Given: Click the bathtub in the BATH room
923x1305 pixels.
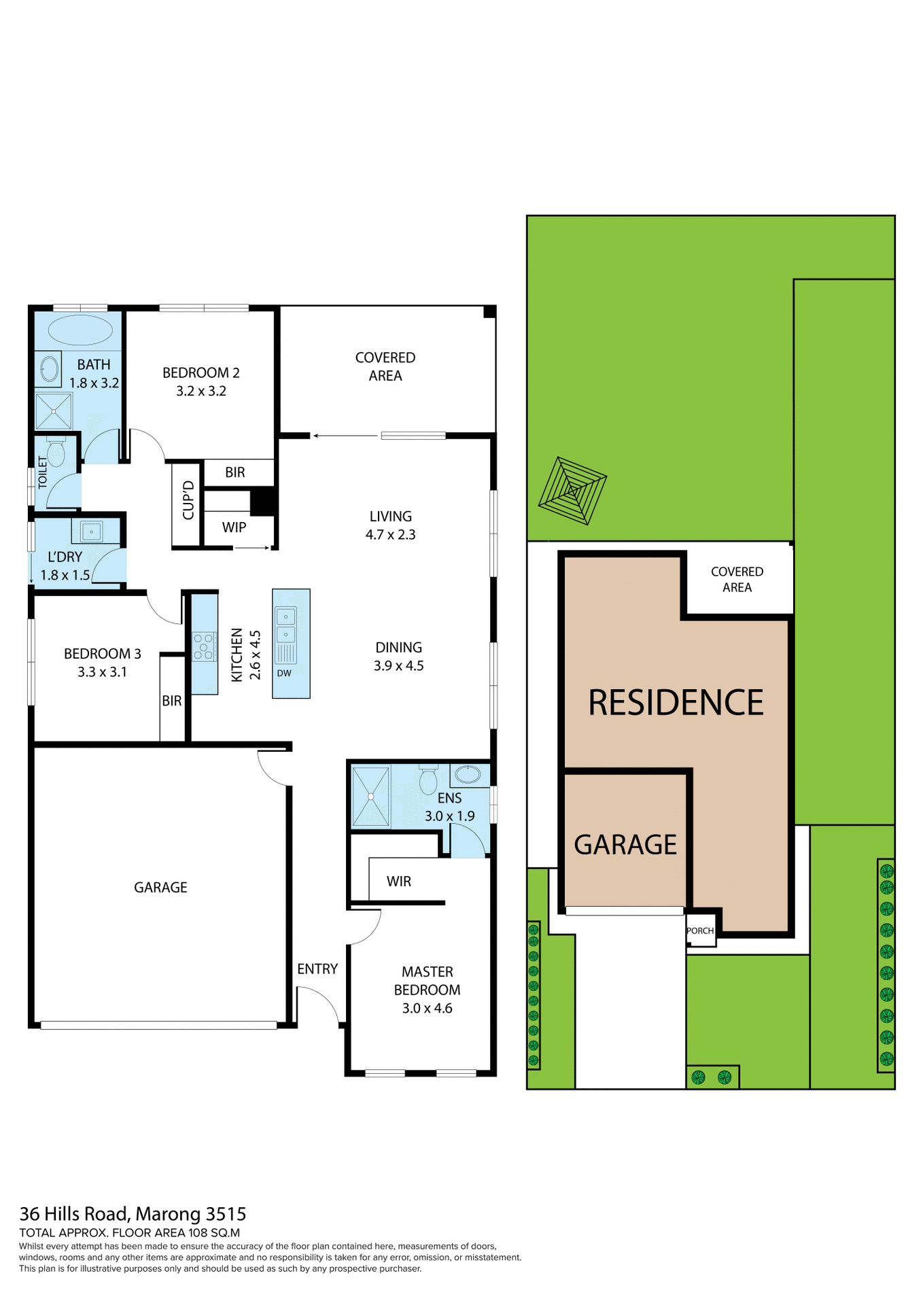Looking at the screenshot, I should (x=80, y=330).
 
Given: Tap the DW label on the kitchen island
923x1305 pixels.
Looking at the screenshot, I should (x=284, y=673).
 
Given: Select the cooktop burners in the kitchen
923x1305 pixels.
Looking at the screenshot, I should (x=203, y=646).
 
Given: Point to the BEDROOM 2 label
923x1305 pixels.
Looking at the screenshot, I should (x=201, y=372).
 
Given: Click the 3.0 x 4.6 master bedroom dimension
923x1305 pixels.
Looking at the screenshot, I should (x=427, y=1008).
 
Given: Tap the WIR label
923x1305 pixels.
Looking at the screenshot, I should (x=398, y=882).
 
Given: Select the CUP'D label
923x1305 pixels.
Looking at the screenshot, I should (x=188, y=500).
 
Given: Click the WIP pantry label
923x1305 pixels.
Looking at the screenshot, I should (x=234, y=527).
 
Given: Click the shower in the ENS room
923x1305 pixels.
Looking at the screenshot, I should (x=371, y=796).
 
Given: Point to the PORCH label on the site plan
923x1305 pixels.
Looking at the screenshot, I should (x=700, y=930).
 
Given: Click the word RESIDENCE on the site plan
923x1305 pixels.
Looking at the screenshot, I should (x=676, y=703).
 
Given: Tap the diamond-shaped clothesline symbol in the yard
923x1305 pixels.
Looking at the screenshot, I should (x=572, y=491).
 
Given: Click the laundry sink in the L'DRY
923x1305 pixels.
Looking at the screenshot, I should (x=91, y=531).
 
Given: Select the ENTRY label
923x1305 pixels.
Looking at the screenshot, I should (x=317, y=969).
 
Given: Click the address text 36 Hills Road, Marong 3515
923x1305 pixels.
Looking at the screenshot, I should (x=133, y=1213).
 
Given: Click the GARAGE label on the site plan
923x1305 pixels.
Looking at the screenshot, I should (x=625, y=845).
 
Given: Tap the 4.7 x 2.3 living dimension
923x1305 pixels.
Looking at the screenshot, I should (x=390, y=534).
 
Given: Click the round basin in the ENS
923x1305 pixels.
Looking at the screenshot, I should (x=468, y=773).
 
